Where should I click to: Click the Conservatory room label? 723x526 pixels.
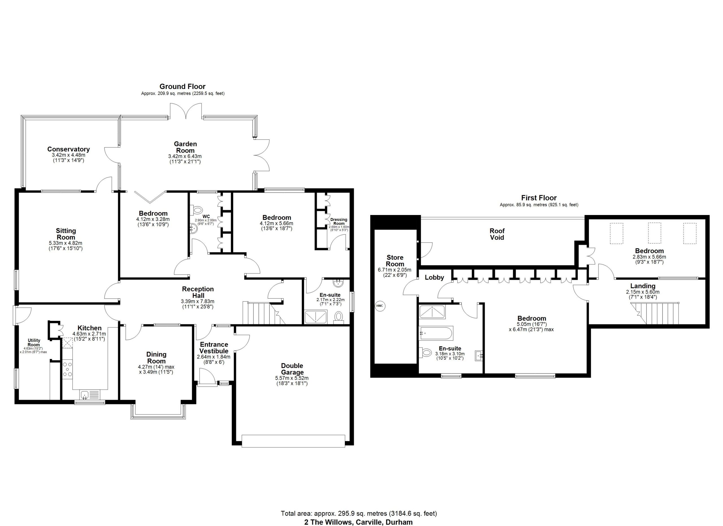pos(69,149)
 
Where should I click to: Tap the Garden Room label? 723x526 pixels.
pos(185,147)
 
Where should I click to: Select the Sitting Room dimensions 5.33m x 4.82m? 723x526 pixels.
pos(66,243)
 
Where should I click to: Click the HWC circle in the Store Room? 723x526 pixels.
pos(380,306)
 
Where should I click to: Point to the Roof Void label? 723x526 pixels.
pos(497,234)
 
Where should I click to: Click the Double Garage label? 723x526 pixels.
pos(292,369)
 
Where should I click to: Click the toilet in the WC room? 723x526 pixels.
pos(198,210)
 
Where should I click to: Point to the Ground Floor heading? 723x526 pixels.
pos(183,86)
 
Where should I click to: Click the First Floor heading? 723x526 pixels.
pos(539,198)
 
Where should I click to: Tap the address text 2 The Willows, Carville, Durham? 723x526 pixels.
pos(358,522)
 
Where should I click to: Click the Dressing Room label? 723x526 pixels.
pos(339,221)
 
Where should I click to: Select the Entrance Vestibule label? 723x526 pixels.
pos(214,348)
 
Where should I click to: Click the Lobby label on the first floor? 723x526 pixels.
pos(434,278)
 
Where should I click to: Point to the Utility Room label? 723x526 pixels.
pos(34,342)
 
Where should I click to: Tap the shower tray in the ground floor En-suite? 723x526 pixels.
pos(315,317)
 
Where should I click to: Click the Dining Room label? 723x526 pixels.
pos(156,358)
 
